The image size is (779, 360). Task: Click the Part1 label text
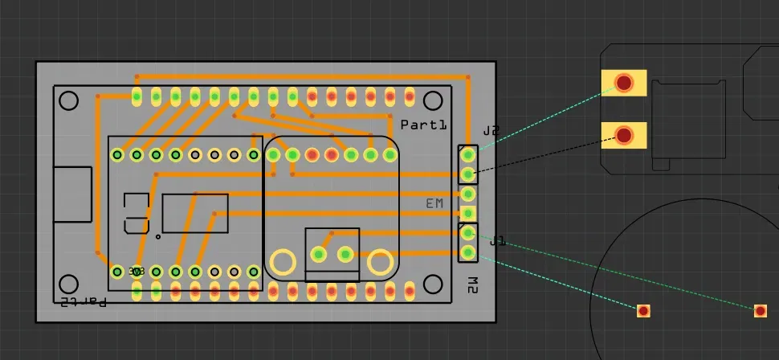(422, 125)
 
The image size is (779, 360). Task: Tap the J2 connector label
(491, 130)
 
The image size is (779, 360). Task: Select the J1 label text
(497, 240)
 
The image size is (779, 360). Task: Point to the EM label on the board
(434, 204)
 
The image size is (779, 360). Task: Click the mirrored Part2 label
(83, 301)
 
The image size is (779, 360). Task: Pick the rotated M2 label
(473, 284)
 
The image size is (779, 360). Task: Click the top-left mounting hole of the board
(69, 100)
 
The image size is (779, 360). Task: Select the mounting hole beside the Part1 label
(434, 100)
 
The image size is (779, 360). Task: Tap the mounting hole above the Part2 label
(69, 284)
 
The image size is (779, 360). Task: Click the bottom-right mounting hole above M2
(434, 284)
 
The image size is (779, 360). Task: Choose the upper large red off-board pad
(624, 83)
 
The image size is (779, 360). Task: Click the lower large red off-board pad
(624, 135)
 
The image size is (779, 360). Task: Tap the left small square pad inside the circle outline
(643, 311)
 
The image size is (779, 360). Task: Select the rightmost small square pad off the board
(761, 311)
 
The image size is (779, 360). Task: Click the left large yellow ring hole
(283, 262)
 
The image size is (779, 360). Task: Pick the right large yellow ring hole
(380, 262)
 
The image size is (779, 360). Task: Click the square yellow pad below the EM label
(468, 213)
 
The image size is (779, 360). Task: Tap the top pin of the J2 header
(468, 154)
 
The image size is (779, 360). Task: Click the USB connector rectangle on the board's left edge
(72, 194)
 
